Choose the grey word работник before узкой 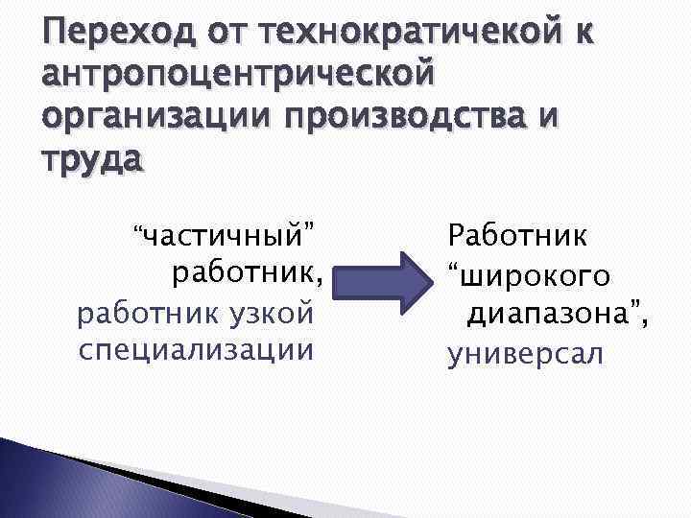tap(138, 312)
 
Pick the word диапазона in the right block tap(547, 314)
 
